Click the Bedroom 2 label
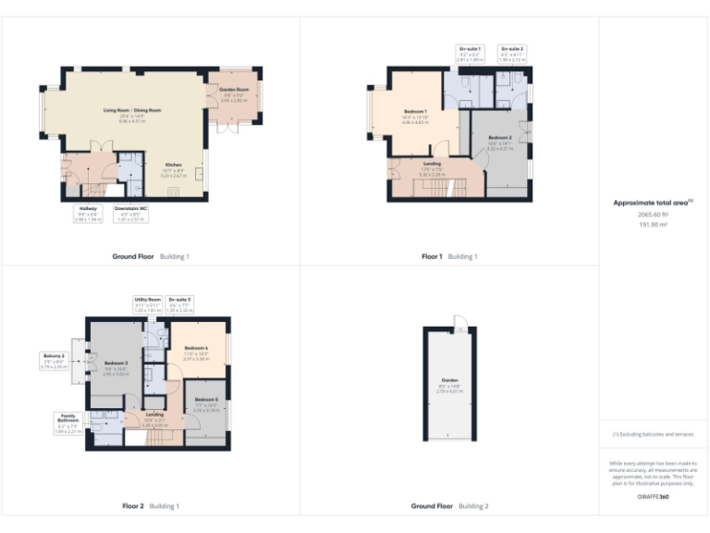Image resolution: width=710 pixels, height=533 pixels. click(x=499, y=141)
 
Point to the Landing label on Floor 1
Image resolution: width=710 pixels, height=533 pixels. click(x=431, y=166)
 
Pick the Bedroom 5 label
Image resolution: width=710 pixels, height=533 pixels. click(x=206, y=402)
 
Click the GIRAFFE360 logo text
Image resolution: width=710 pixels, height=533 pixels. click(x=652, y=497)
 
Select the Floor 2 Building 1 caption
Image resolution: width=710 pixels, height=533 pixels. click(x=151, y=506)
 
